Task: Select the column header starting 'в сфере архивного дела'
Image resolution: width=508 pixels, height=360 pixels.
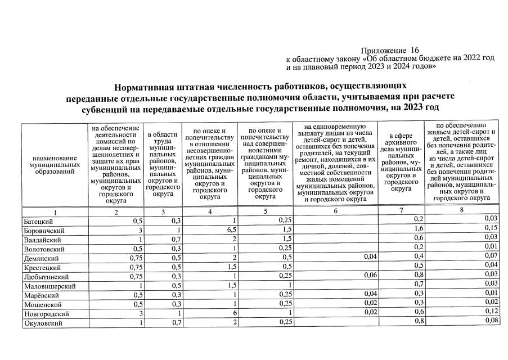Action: coord(401,163)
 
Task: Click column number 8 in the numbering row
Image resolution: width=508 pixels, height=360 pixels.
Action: coord(461,210)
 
